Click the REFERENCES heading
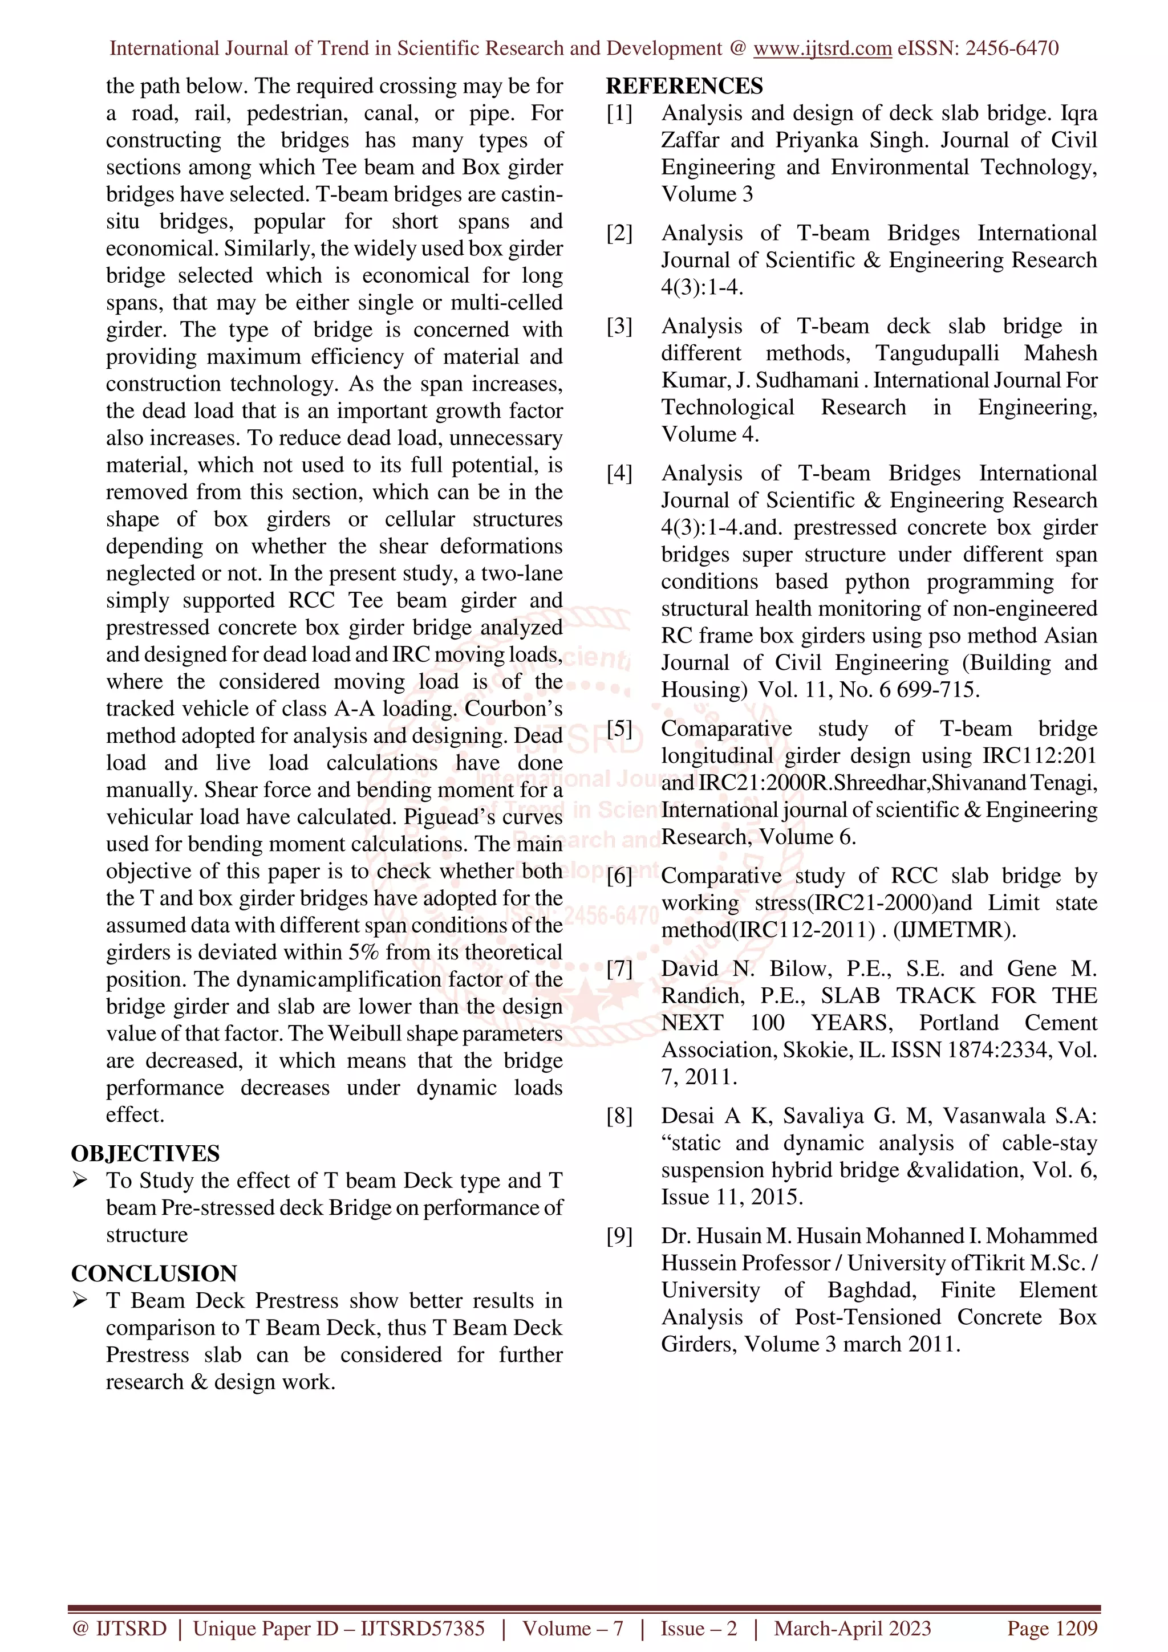coord(684,86)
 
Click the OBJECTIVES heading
coord(145,1153)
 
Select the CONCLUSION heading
coord(154,1273)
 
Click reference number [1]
coord(619,113)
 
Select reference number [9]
coord(619,1236)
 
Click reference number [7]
coord(619,969)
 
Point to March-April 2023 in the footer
coord(852,1628)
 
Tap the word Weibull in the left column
coord(367,1033)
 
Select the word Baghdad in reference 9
coord(871,1290)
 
